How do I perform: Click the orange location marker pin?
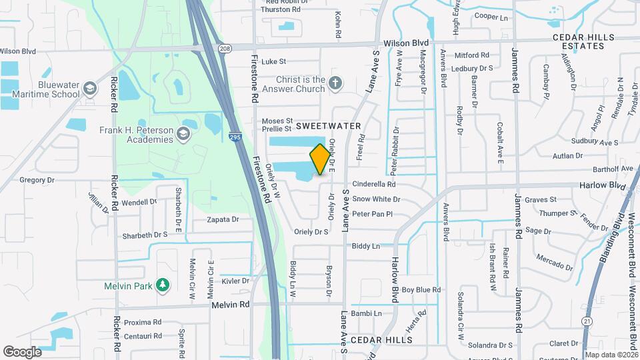[320, 159]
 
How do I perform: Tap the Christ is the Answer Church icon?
[335, 84]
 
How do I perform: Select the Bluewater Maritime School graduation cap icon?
[89, 89]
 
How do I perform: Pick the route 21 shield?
[587, 321]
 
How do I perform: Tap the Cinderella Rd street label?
[374, 184]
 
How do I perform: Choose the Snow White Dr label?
[376, 199]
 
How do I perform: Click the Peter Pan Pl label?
[372, 213]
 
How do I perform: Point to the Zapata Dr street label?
[223, 219]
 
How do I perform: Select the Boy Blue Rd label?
[421, 289]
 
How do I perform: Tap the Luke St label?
[273, 61]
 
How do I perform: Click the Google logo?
[22, 351]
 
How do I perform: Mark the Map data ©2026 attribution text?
[611, 355]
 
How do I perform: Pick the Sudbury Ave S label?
[595, 143]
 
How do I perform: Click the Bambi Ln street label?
[367, 313]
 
